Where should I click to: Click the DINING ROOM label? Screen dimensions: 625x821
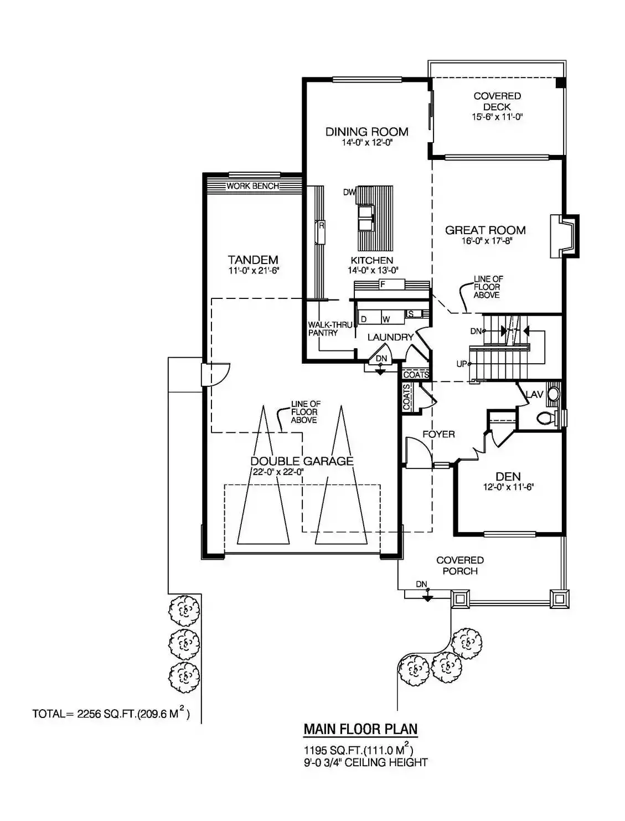tap(366, 132)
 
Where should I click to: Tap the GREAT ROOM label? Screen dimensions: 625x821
tap(485, 230)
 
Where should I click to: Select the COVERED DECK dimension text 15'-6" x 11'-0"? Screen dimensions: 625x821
tap(497, 117)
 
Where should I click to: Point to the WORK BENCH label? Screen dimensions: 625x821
tap(253, 186)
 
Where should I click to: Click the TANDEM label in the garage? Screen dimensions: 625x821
tap(253, 260)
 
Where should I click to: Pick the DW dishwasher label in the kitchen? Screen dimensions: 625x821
tap(349, 192)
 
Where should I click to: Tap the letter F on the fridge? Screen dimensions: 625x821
tap(383, 285)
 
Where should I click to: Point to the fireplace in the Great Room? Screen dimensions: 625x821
tap(564, 236)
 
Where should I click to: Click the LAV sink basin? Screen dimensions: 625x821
tap(553, 394)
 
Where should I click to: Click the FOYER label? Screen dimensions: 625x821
tap(439, 434)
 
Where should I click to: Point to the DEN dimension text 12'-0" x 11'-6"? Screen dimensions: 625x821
tap(508, 487)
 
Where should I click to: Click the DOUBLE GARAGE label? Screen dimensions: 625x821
tap(302, 461)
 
